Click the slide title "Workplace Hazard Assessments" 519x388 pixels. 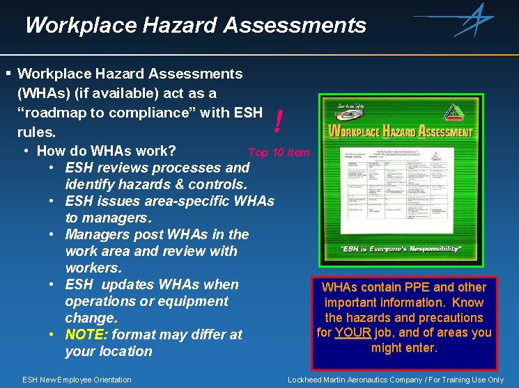tap(195, 26)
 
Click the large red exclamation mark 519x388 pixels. tap(279, 123)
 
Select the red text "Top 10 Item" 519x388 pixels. tap(279, 152)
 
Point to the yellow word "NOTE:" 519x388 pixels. tap(86, 334)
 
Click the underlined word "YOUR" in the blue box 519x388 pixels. tap(353, 332)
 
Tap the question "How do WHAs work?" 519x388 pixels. tap(106, 151)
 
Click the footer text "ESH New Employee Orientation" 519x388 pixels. tap(77, 380)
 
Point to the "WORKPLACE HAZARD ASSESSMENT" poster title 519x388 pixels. tap(400, 131)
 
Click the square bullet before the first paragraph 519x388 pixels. tap(8, 73)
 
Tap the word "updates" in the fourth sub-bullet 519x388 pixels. tap(129, 284)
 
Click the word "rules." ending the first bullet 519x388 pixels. tap(36, 131)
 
